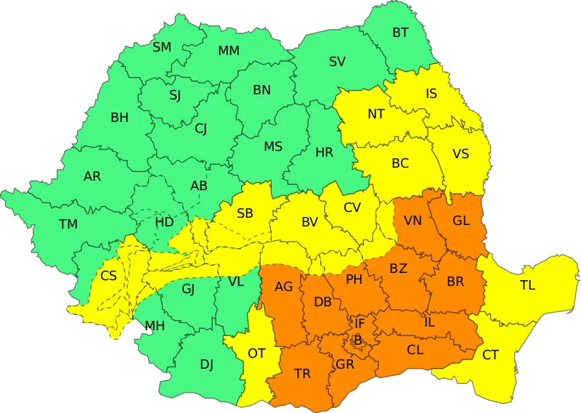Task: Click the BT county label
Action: pyautogui.click(x=400, y=33)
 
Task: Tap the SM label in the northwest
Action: pyautogui.click(x=162, y=47)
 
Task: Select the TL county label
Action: pyautogui.click(x=527, y=285)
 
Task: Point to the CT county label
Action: pyautogui.click(x=491, y=355)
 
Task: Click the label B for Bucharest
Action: pyautogui.click(x=357, y=340)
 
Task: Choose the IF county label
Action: pyautogui.click(x=359, y=323)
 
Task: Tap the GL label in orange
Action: pyautogui.click(x=460, y=221)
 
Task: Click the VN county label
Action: pyautogui.click(x=413, y=221)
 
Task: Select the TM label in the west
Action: pyautogui.click(x=68, y=224)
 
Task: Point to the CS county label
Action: pyautogui.click(x=108, y=276)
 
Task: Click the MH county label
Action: pyautogui.click(x=155, y=325)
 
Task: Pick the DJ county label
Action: pyautogui.click(x=206, y=364)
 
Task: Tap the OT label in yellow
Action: pyautogui.click(x=256, y=353)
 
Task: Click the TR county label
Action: pyautogui.click(x=302, y=374)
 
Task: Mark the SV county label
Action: pyautogui.click(x=337, y=62)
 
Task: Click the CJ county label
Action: pyautogui.click(x=200, y=129)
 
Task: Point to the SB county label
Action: pyautogui.click(x=245, y=213)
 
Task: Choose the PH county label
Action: pyautogui.click(x=354, y=279)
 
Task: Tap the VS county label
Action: pyautogui.click(x=460, y=154)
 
